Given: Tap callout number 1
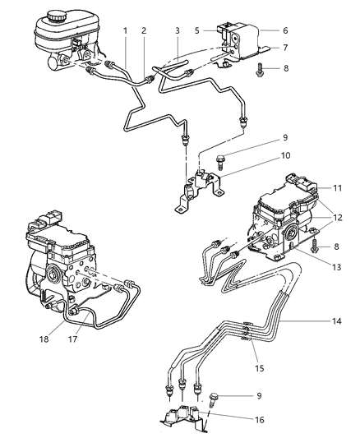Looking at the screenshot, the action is click(126, 30).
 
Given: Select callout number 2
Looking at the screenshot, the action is click(144, 30).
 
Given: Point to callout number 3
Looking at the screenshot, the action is click(178, 30).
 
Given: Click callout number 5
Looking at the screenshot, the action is click(197, 30).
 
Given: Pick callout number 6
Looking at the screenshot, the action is click(285, 30).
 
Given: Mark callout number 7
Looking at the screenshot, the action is click(285, 48).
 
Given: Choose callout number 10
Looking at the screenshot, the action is click(285, 155).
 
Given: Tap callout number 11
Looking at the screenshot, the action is click(337, 188).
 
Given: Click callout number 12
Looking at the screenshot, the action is click(337, 217).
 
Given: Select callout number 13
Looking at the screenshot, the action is click(337, 267).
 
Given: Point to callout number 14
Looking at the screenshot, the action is click(337, 321).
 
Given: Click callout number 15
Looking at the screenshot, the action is click(260, 368).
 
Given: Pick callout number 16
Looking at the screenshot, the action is click(260, 420).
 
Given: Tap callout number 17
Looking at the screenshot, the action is click(72, 339).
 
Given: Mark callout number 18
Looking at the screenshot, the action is click(44, 339).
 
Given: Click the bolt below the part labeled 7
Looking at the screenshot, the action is click(260, 70).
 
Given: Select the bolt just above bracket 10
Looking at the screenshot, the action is click(220, 162).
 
